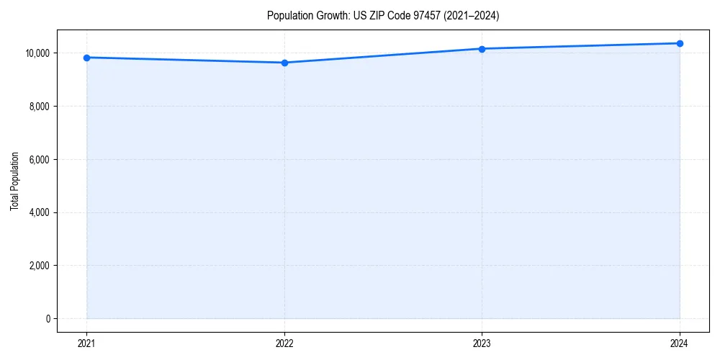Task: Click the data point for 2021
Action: (87, 58)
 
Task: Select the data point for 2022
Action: (284, 63)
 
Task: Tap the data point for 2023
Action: (482, 49)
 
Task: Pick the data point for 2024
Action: (680, 43)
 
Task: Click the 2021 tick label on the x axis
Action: (87, 343)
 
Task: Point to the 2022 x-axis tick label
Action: (284, 343)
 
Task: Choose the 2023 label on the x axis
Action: (482, 343)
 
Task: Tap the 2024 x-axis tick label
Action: (680, 343)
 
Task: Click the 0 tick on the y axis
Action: (48, 319)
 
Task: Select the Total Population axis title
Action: (15, 181)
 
